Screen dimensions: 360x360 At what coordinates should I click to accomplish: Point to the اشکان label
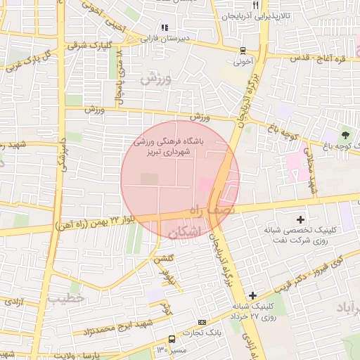coord(184,231)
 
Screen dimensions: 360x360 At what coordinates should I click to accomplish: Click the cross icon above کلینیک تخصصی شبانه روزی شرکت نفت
coord(302,220)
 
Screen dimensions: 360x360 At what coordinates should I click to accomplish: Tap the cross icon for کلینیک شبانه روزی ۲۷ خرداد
coord(252,295)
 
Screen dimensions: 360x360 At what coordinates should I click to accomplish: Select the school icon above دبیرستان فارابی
coord(164,28)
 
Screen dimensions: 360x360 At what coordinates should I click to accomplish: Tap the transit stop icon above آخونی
coord(243,51)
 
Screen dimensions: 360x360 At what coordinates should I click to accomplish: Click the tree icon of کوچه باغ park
coord(345,134)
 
